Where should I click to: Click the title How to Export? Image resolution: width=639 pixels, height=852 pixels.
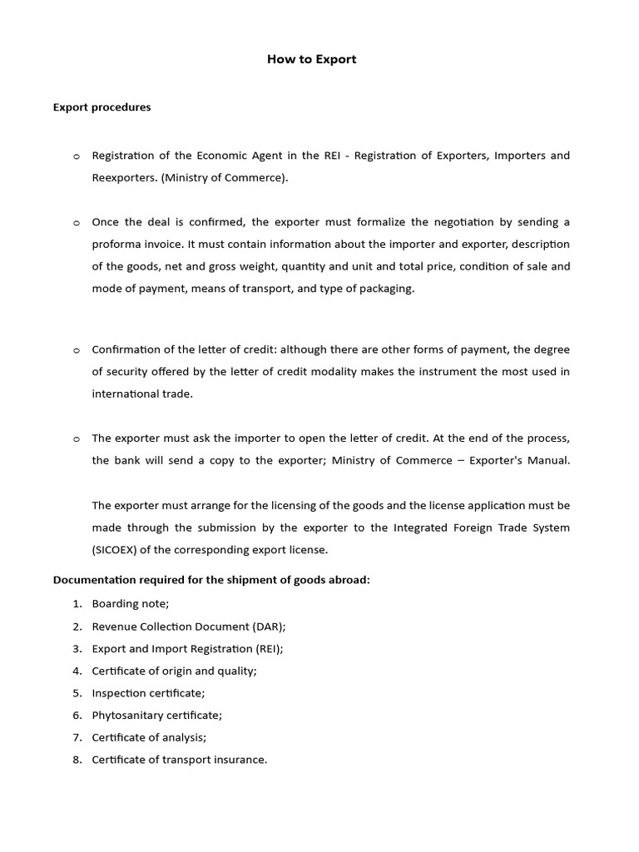pos(311,59)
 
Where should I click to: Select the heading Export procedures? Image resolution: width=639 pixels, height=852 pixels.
pos(102,106)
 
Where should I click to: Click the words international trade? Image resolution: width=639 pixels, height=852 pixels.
pos(141,394)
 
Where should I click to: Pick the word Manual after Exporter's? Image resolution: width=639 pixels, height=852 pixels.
pos(552,460)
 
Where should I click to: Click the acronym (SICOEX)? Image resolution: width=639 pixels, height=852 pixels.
pos(120,549)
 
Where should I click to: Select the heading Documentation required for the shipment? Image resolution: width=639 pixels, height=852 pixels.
pos(211,580)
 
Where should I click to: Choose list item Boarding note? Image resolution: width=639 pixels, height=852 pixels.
pos(131,603)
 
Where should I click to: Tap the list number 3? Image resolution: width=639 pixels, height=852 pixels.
pos(77,648)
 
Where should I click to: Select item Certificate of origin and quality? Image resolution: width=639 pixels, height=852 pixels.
pos(174,671)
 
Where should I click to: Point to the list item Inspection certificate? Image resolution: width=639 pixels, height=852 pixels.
pos(148,692)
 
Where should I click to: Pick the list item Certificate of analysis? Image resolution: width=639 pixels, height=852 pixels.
pos(149,737)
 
